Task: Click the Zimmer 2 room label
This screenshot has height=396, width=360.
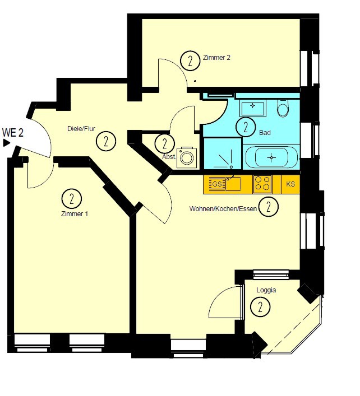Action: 216,58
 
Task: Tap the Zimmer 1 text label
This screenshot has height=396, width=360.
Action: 75,214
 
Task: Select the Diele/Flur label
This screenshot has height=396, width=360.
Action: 81,129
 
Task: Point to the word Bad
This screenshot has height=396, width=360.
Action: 265,132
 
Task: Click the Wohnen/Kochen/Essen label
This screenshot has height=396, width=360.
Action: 223,209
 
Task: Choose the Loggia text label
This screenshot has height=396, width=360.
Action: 266,290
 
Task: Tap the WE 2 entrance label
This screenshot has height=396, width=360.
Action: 13,133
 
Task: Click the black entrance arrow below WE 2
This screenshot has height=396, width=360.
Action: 6,143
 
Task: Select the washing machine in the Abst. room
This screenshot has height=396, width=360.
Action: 187,158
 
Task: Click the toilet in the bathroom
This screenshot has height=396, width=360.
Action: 283,108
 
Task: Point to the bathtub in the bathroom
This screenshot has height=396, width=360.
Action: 271,157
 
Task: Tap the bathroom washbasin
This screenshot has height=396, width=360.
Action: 253,108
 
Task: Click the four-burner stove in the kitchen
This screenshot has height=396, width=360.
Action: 262,184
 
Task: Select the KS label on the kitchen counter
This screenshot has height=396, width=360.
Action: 290,184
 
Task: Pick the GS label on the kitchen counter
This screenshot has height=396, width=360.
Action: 217,184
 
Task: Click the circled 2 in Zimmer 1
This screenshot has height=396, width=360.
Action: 72,198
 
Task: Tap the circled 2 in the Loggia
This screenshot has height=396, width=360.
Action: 260,307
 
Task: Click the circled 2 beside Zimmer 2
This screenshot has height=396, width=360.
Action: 190,61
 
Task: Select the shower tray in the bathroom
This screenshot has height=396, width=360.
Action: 223,153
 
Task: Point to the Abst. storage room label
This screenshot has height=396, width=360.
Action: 169,157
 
